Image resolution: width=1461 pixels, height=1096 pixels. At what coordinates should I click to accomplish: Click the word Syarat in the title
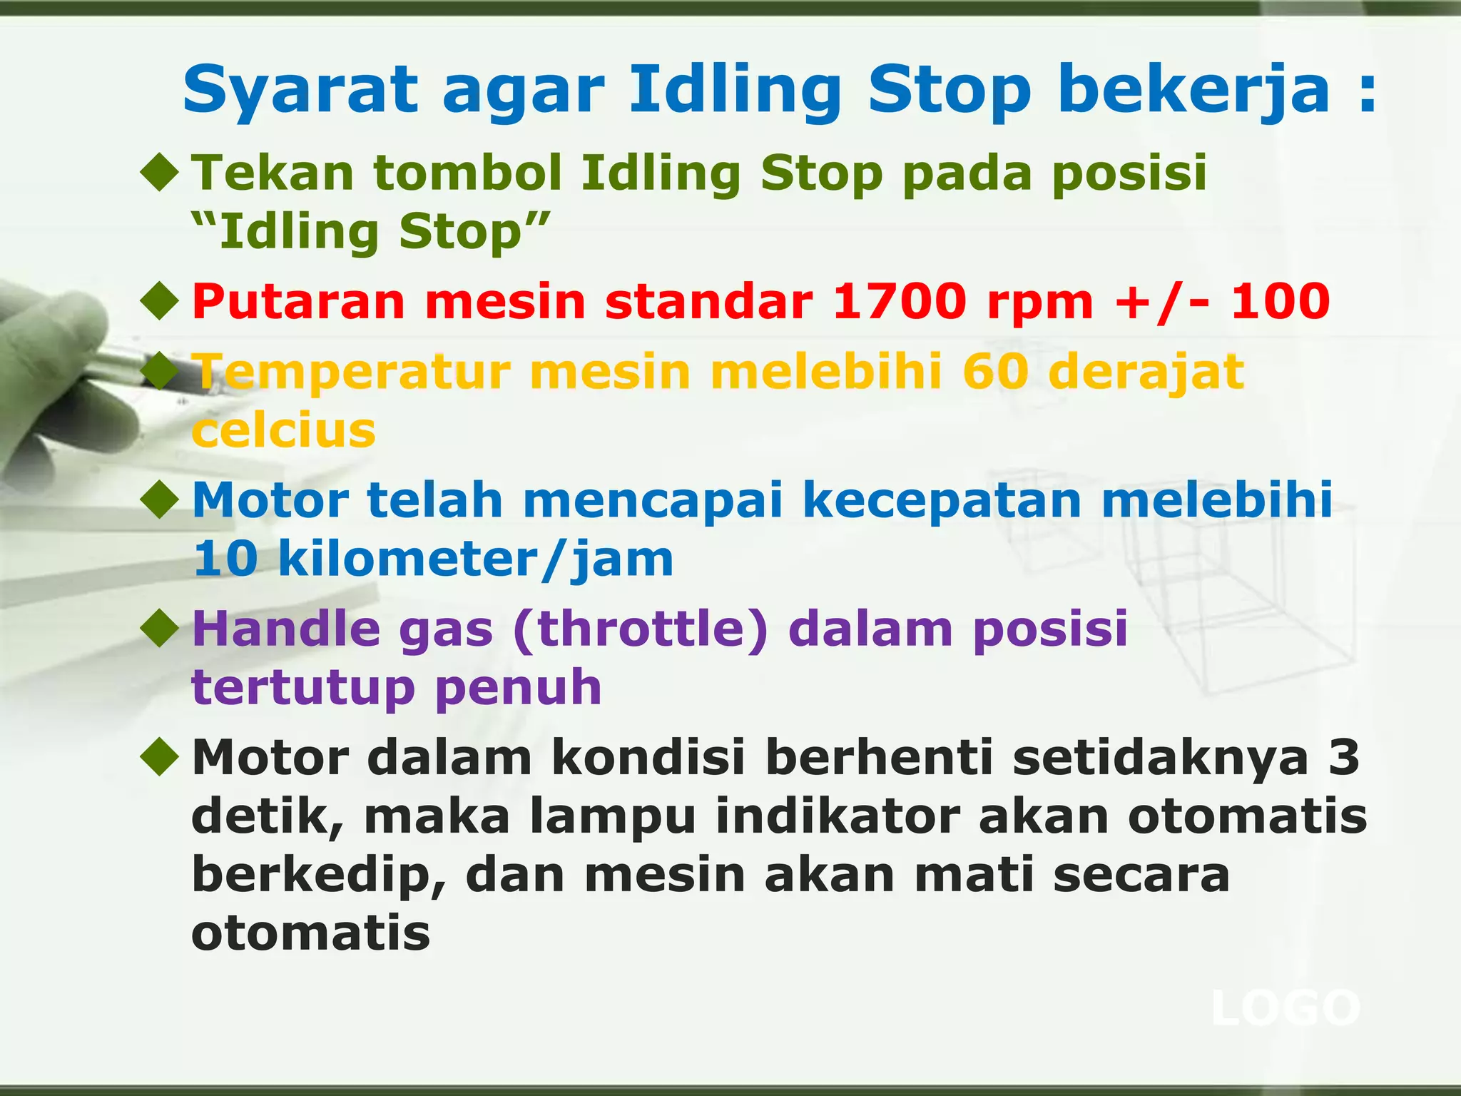point(300,91)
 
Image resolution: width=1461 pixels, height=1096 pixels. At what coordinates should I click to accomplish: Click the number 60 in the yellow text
point(996,372)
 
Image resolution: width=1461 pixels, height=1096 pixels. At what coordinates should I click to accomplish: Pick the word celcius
point(284,430)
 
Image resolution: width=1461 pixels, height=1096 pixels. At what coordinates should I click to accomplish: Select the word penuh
point(519,687)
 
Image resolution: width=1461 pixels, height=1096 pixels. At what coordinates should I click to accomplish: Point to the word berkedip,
point(319,875)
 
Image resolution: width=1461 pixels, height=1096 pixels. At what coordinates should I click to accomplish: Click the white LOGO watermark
point(1286,1008)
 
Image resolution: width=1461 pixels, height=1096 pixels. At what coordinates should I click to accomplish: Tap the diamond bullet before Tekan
point(160,173)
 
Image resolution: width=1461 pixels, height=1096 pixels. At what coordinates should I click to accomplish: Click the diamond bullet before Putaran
point(160,301)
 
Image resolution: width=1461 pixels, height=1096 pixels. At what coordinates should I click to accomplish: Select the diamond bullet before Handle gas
point(160,629)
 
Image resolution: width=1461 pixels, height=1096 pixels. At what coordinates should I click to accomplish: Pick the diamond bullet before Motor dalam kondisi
point(160,757)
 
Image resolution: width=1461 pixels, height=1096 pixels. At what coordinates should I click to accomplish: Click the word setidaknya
point(1161,758)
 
